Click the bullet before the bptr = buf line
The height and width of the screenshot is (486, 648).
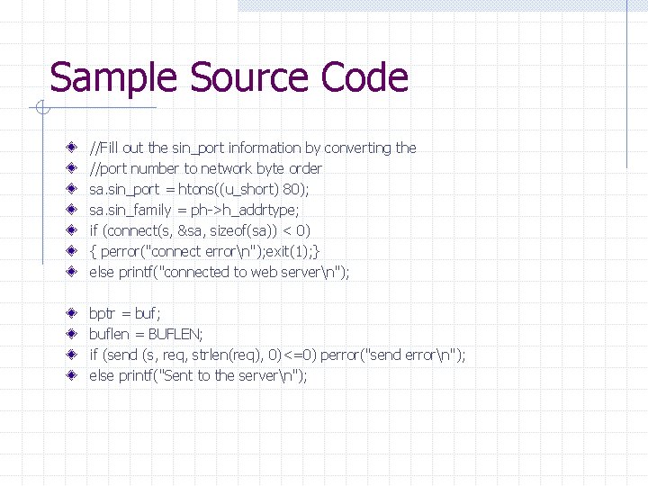(x=71, y=313)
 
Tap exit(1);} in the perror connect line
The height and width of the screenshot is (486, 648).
(x=293, y=251)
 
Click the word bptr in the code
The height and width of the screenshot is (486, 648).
(x=103, y=314)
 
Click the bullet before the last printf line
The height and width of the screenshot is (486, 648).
(x=71, y=375)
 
